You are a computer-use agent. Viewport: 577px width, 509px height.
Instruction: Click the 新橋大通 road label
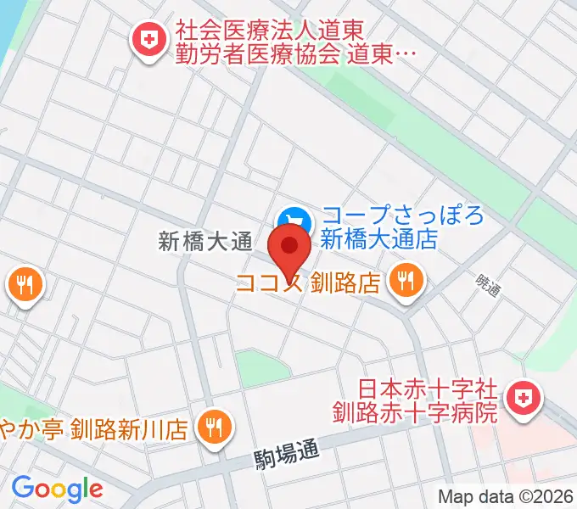(205, 242)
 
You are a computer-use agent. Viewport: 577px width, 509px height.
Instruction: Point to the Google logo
(57, 488)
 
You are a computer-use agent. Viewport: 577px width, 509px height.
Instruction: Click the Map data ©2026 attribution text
(506, 497)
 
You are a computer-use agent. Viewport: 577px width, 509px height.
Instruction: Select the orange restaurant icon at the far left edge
(22, 285)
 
